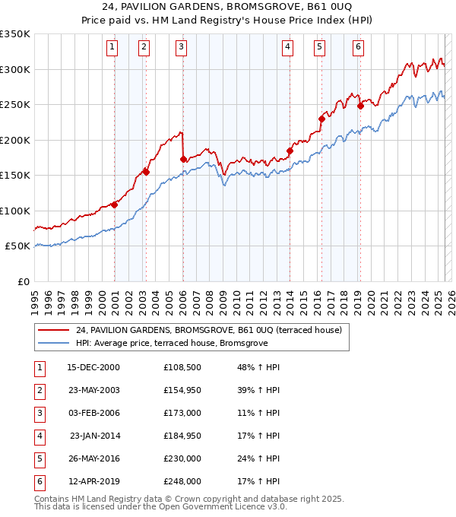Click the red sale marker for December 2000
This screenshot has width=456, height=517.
click(115, 205)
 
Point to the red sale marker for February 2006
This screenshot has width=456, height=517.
click(183, 159)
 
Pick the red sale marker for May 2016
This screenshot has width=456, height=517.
click(321, 119)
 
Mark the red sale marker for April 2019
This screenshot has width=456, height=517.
click(360, 106)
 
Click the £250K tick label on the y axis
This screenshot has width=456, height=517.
click(15, 105)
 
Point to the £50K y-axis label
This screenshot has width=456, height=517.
click(18, 246)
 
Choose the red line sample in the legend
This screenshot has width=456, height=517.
click(52, 330)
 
